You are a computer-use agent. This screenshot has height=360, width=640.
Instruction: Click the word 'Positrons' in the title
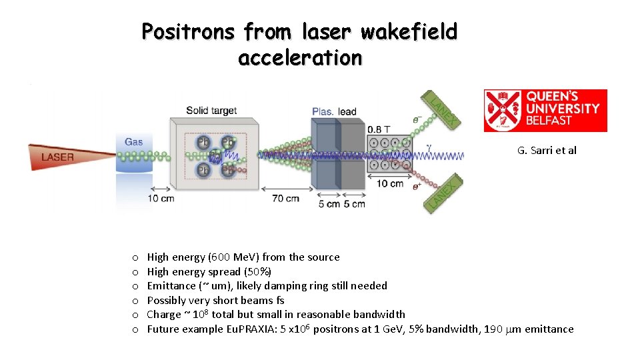click(x=188, y=31)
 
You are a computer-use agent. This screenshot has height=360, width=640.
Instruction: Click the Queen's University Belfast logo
click(x=545, y=111)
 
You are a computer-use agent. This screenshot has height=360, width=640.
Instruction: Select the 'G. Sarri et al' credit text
click(x=547, y=150)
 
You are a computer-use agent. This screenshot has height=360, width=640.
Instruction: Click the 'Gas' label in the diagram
click(x=133, y=141)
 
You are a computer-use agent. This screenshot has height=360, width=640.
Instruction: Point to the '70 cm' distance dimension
click(x=285, y=198)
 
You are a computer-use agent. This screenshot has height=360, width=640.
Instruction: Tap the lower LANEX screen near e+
click(x=442, y=196)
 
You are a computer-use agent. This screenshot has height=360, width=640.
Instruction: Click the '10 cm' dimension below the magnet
click(x=390, y=183)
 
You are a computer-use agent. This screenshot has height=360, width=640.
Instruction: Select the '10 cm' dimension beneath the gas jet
click(x=162, y=198)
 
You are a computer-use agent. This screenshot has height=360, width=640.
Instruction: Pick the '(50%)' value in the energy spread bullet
click(x=257, y=271)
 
